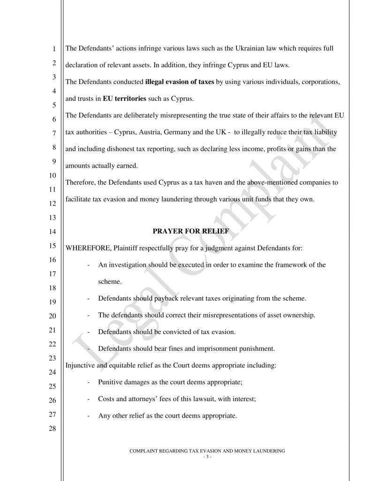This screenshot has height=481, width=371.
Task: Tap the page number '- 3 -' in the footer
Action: [207, 457]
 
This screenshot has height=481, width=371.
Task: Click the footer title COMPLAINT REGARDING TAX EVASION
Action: [207, 451]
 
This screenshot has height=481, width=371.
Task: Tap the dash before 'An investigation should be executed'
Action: [89, 265]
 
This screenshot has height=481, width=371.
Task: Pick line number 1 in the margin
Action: [53, 48]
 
